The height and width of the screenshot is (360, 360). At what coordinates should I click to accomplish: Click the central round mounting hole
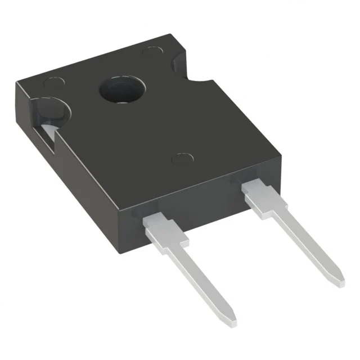tap(123, 91)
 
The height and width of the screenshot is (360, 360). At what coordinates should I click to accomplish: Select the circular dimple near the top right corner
tap(152, 51)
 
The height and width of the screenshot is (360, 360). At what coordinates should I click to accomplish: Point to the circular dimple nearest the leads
tap(181, 159)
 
